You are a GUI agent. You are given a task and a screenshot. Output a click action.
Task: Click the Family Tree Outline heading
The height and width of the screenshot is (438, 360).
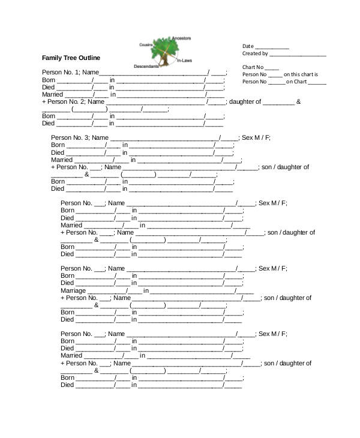coord(71,58)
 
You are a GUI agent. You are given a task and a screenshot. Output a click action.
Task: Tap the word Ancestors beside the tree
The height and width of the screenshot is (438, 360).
coord(182,38)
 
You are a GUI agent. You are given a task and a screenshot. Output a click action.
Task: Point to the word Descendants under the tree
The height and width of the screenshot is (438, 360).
coord(146,66)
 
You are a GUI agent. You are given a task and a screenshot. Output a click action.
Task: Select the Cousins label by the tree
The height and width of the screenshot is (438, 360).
coord(146,44)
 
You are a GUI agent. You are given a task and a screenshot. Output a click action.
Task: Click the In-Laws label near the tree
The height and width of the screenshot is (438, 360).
coord(184,61)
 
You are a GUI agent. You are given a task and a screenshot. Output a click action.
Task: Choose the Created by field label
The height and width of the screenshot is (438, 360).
coord(255,53)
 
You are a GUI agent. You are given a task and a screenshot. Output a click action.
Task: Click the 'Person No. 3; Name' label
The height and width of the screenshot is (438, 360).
coord(79,138)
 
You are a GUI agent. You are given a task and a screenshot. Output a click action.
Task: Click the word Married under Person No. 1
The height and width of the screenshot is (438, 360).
coord(52,95)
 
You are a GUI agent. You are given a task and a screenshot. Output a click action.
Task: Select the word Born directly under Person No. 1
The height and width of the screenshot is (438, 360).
coord(49,80)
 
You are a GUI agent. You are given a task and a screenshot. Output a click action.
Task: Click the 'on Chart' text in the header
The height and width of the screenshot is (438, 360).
coord(296,82)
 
